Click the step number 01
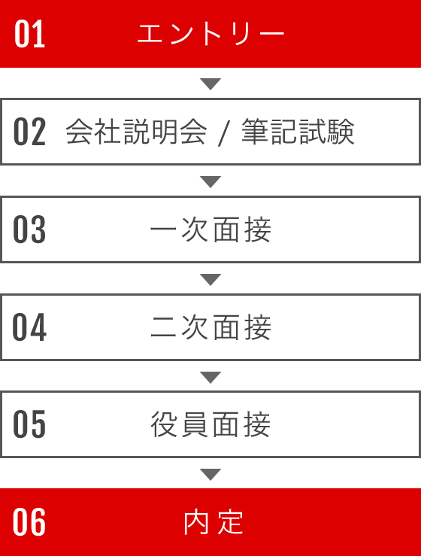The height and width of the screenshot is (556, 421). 30,34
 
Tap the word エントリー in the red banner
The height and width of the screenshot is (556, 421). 210,34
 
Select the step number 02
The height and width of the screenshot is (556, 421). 30,132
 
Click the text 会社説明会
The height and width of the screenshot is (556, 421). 136,132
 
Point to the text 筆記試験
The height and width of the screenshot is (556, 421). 298,132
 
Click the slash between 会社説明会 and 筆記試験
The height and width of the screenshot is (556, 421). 224,132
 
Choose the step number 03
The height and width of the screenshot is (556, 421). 29,229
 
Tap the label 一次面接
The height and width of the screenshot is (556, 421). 210,229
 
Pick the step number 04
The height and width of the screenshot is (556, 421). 29,327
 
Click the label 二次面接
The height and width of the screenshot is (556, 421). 210,327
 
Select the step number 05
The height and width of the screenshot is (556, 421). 29,424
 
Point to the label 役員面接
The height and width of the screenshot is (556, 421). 210,424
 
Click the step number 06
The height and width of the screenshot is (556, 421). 29,522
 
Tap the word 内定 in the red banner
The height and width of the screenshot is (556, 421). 214,522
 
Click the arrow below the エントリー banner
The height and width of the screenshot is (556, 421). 210,84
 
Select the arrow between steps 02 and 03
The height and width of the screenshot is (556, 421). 210,181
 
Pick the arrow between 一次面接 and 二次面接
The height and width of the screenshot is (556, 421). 210,279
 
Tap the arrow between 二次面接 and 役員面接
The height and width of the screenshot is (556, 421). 210,377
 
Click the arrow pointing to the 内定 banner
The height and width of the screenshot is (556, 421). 210,475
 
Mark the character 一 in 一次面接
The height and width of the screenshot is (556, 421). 163,229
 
